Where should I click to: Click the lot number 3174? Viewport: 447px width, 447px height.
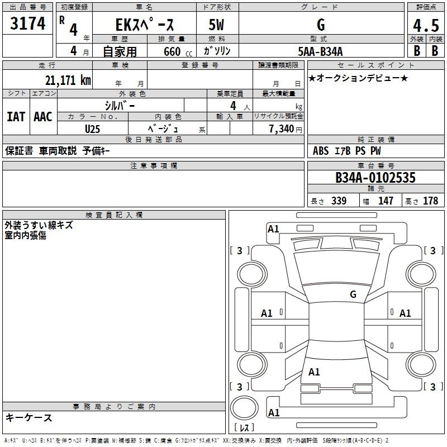coord(28,24)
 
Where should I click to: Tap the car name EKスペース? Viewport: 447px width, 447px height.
coord(144,25)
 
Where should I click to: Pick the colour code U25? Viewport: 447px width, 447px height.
coord(93,128)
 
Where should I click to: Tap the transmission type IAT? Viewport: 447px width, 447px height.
coord(16,117)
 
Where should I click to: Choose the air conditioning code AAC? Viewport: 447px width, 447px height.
coord(43,117)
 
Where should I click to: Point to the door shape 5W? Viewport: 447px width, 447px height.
coord(217,25)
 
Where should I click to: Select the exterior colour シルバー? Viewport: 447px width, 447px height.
coord(120,105)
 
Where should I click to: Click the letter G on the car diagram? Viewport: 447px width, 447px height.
coord(353,294)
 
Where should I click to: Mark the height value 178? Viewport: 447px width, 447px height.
coord(431,201)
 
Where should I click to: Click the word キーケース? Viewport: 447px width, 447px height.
coord(28,417)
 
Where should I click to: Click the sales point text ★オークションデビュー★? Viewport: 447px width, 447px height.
coord(358,78)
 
